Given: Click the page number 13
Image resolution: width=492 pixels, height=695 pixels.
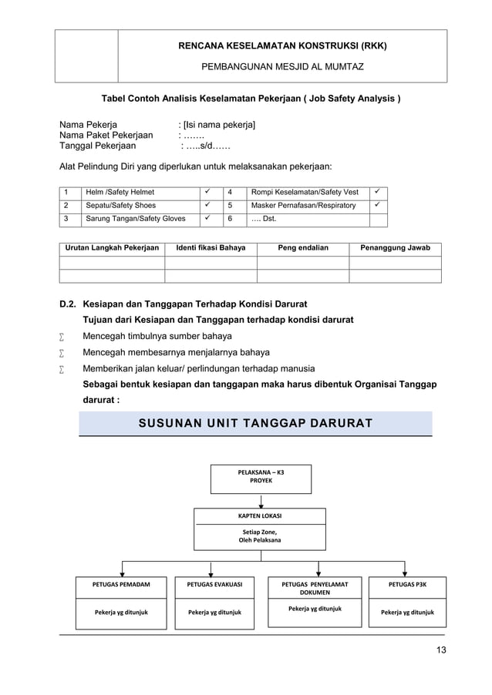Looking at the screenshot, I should (x=440, y=650).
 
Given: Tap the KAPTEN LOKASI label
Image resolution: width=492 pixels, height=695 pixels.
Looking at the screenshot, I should (x=260, y=515).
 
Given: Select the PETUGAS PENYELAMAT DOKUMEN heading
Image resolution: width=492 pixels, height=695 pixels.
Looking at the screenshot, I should (x=314, y=589).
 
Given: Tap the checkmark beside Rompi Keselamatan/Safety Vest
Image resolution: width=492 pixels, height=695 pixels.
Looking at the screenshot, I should (x=378, y=192).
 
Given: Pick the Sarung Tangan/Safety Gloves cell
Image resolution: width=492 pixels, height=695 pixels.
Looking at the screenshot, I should (x=135, y=220).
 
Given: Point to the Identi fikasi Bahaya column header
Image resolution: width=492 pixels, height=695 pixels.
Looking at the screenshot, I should (x=211, y=248).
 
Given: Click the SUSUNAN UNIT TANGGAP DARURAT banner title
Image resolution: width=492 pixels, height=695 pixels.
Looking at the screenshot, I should (x=255, y=424).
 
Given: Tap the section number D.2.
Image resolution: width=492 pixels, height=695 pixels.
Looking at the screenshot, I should (x=69, y=304).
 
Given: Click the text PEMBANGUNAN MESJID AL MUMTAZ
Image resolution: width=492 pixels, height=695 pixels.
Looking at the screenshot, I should (x=282, y=67).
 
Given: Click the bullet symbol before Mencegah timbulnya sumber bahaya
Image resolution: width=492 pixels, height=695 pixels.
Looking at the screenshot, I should (x=62, y=337).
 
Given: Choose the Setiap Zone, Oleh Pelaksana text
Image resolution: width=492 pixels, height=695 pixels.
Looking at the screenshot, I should (x=260, y=536).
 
